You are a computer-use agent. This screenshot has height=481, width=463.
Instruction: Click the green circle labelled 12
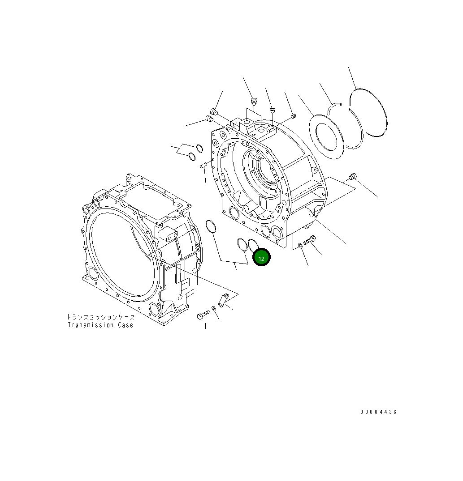coord(261,258)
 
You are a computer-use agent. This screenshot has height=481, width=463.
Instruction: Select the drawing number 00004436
coord(378,412)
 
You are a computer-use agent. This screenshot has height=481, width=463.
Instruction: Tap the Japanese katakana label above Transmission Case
coord(100,317)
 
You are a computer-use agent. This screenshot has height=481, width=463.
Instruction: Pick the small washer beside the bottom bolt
coord(214,308)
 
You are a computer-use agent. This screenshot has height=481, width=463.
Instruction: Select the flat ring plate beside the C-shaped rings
coord(327,137)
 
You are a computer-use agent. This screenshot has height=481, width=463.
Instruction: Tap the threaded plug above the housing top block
coord(254,103)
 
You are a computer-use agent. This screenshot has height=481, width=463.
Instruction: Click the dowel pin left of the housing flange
coord(203,166)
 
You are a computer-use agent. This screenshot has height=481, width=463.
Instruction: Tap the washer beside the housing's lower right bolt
coord(299,245)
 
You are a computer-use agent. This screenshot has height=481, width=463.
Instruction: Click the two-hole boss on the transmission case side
coord(167,233)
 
